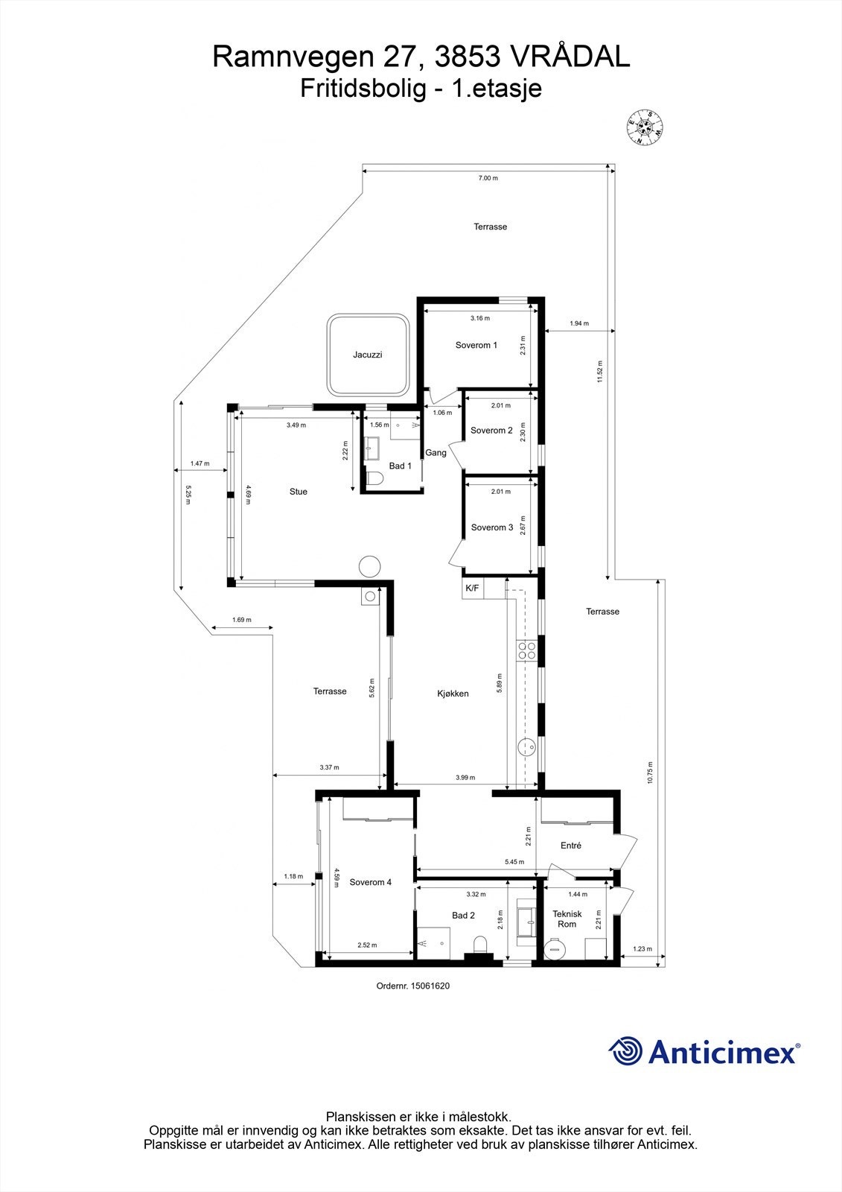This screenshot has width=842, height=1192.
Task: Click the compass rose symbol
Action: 644,127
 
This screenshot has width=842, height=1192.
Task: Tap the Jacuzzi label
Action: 368,355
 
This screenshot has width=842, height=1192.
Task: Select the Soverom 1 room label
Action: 476,345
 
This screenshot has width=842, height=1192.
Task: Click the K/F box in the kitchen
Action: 472,588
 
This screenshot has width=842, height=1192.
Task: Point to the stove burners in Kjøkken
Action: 527,650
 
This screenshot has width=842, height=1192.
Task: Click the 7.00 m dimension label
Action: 488,178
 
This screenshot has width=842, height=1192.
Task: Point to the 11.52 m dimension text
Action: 599,372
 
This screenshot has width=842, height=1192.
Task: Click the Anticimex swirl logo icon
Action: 625,1051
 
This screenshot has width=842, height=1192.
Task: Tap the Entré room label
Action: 571,846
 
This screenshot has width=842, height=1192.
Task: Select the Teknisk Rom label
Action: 567,919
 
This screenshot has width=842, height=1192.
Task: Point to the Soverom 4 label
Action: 371,882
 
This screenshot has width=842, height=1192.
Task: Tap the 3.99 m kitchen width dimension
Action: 465,777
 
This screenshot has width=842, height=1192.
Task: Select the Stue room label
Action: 299,492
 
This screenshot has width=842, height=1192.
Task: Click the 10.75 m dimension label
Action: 650,773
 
